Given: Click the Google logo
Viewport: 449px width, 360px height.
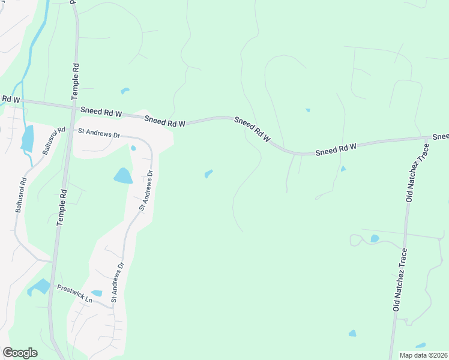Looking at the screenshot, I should (x=20, y=353).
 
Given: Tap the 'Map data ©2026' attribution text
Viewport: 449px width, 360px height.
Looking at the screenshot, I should (x=424, y=355).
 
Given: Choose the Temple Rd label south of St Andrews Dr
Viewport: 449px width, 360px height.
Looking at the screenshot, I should (x=61, y=205).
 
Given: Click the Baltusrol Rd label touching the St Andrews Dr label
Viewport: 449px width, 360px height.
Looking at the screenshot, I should (x=53, y=141).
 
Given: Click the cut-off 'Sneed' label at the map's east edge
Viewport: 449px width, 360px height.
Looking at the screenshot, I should (x=441, y=137).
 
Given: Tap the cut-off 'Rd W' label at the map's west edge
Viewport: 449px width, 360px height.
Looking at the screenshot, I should (x=10, y=98).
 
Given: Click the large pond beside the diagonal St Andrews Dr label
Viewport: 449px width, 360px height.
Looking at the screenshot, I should (x=122, y=175).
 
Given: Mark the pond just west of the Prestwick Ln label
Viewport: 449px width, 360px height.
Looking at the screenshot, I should (x=40, y=287).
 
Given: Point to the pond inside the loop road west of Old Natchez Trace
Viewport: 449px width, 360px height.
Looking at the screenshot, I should (x=375, y=238).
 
